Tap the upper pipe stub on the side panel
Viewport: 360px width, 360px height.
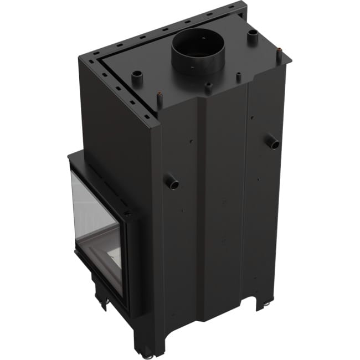click(x=274, y=143)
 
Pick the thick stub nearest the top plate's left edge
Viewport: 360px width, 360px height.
click(x=136, y=78)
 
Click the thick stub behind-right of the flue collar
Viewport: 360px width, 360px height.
click(x=253, y=37)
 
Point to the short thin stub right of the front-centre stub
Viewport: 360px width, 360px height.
click(x=239, y=76)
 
